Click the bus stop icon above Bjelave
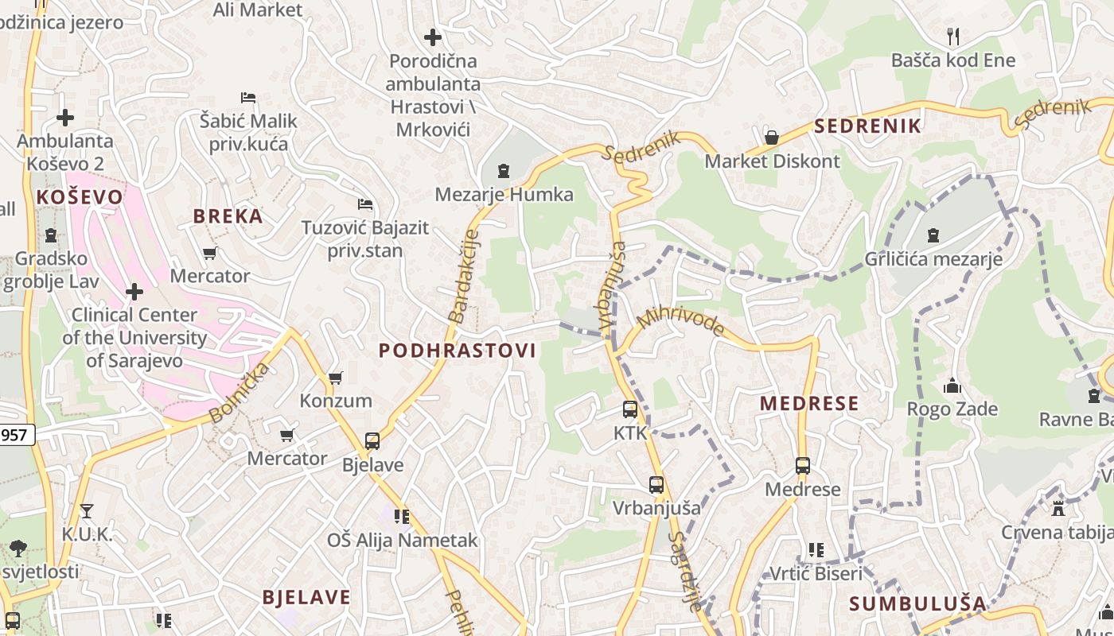pyautogui.click(x=372, y=440)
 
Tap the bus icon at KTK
pyautogui.click(x=630, y=409)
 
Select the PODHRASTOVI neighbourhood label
pyautogui.click(x=457, y=351)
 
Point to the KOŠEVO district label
pyautogui.click(x=80, y=197)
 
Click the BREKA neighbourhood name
pyautogui.click(x=228, y=216)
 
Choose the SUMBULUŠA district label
pyautogui.click(x=917, y=603)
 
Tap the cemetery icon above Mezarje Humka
pyautogui.click(x=503, y=171)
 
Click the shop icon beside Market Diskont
pyautogui.click(x=770, y=138)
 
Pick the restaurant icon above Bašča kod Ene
pyautogui.click(x=953, y=36)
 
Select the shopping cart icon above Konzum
pyautogui.click(x=336, y=377)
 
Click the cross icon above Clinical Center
pyautogui.click(x=134, y=291)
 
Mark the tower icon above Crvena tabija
pyautogui.click(x=1058, y=509)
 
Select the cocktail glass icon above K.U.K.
pyautogui.click(x=87, y=511)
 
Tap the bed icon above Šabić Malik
pyautogui.click(x=248, y=98)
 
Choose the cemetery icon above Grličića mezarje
pyautogui.click(x=933, y=235)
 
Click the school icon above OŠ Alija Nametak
pyautogui.click(x=402, y=517)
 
